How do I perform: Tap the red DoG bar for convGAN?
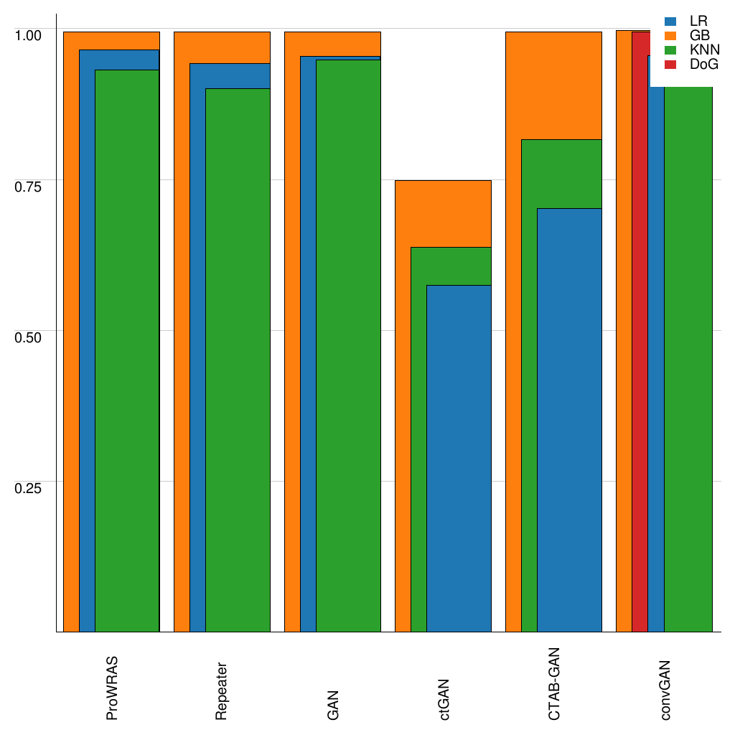click(x=640, y=330)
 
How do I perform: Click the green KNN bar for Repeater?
click(x=238, y=360)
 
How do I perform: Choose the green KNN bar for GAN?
click(x=348, y=345)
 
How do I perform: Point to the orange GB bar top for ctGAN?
click(x=443, y=181)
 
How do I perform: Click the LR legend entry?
click(x=688, y=22)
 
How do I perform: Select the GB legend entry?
click(x=688, y=36)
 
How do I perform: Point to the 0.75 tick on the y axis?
click(x=29, y=187)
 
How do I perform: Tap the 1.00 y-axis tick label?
click(x=29, y=34)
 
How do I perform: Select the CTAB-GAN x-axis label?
click(x=553, y=683)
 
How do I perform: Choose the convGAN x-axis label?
click(x=665, y=689)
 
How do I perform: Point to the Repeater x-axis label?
click(x=222, y=690)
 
